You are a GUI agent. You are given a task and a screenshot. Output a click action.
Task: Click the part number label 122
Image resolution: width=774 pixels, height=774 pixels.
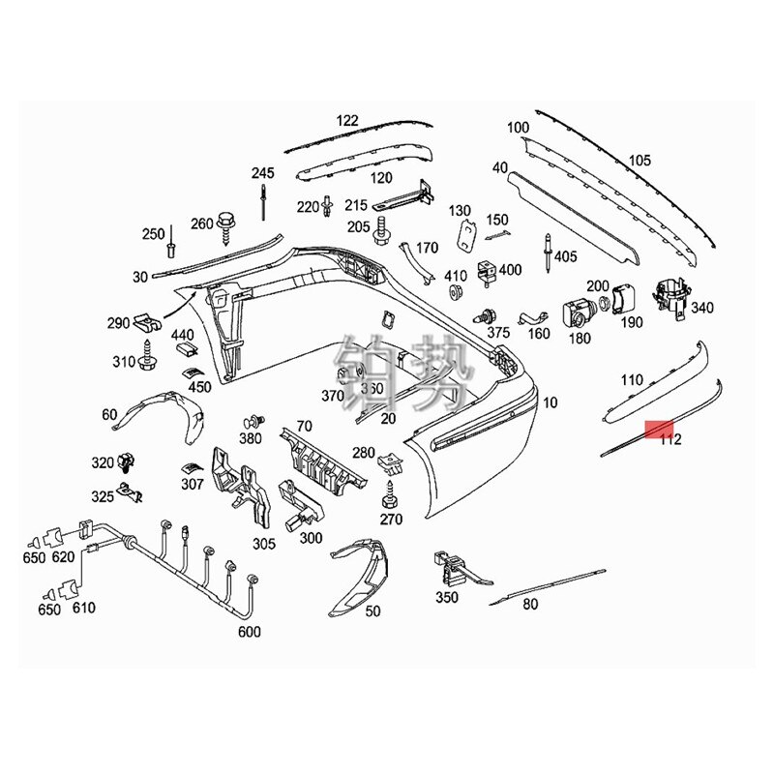[347, 121]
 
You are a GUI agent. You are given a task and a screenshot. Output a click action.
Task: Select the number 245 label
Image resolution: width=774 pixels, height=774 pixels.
[263, 173]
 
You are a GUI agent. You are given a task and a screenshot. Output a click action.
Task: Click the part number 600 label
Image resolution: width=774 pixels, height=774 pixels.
[249, 633]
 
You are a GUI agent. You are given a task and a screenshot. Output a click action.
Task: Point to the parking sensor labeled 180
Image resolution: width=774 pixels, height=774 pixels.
[578, 313]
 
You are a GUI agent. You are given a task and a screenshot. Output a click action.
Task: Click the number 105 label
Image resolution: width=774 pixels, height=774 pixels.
[640, 161]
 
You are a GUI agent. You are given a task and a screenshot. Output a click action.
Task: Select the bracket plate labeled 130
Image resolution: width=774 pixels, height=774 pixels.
[466, 233]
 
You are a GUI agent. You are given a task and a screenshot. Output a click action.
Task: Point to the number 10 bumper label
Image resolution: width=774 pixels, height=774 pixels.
[551, 402]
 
